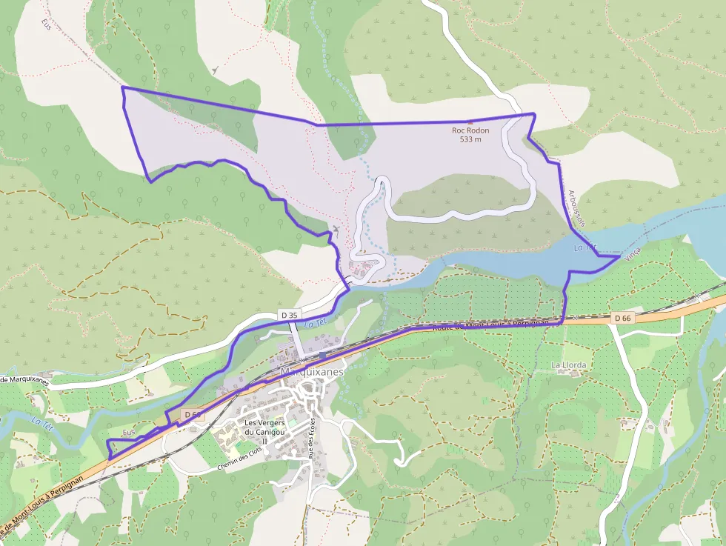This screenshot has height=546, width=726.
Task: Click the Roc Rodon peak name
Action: coord(470,130)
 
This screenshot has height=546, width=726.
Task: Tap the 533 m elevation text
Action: coord(470,139)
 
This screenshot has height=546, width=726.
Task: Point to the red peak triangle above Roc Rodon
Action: coord(468,122)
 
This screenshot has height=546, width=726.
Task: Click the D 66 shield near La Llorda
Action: coord(623,318)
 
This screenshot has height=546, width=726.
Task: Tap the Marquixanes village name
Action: coord(313,371)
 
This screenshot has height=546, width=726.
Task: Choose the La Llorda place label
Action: coord(569,366)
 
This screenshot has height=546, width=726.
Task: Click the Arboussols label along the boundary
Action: coord(576,208)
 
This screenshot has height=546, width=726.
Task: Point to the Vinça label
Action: coord(632,253)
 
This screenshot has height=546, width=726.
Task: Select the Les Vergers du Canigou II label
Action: coord(264,431)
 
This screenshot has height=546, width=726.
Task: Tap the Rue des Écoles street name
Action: coord(310,444)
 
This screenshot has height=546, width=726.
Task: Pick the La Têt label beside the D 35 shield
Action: coord(316,322)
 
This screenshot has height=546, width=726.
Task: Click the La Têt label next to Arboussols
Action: coord(585,247)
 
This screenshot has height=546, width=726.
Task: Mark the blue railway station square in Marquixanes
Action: coord(322,357)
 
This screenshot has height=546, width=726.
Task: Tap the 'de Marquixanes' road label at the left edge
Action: coord(24,380)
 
